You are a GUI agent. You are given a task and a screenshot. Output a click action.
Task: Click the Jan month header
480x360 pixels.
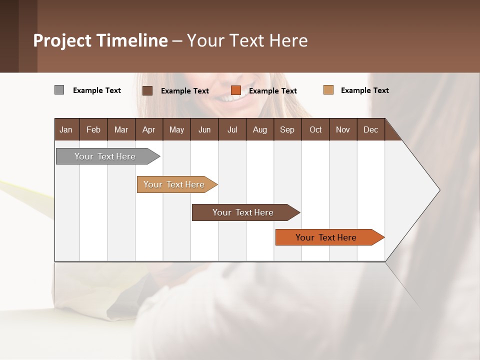click(x=66, y=129)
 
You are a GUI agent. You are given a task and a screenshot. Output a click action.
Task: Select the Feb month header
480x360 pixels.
click(x=93, y=129)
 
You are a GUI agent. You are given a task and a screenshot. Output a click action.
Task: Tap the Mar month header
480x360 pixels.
click(x=121, y=129)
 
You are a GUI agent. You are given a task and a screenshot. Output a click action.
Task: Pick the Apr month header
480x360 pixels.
click(x=149, y=129)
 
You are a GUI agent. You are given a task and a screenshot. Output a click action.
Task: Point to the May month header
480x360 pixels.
click(x=176, y=129)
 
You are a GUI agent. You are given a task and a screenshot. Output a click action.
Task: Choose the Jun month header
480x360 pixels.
click(x=204, y=129)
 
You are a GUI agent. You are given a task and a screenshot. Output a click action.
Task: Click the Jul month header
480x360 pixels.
click(x=232, y=129)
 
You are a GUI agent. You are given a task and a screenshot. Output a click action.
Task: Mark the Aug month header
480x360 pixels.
click(x=260, y=129)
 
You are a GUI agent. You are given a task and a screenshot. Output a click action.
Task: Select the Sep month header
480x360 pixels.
click(x=287, y=129)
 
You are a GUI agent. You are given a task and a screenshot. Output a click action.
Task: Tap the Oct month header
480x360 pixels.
click(x=315, y=129)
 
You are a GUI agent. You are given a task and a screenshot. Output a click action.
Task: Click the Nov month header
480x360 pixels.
click(x=343, y=129)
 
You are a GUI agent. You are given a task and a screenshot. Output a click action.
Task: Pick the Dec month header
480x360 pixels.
click(x=371, y=129)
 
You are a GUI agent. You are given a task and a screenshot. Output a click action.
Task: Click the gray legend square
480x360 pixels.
click(x=59, y=90)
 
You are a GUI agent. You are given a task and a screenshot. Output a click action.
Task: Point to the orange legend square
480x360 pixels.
click(x=236, y=90)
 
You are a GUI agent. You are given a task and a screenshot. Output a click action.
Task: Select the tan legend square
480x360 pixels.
click(x=328, y=90)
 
